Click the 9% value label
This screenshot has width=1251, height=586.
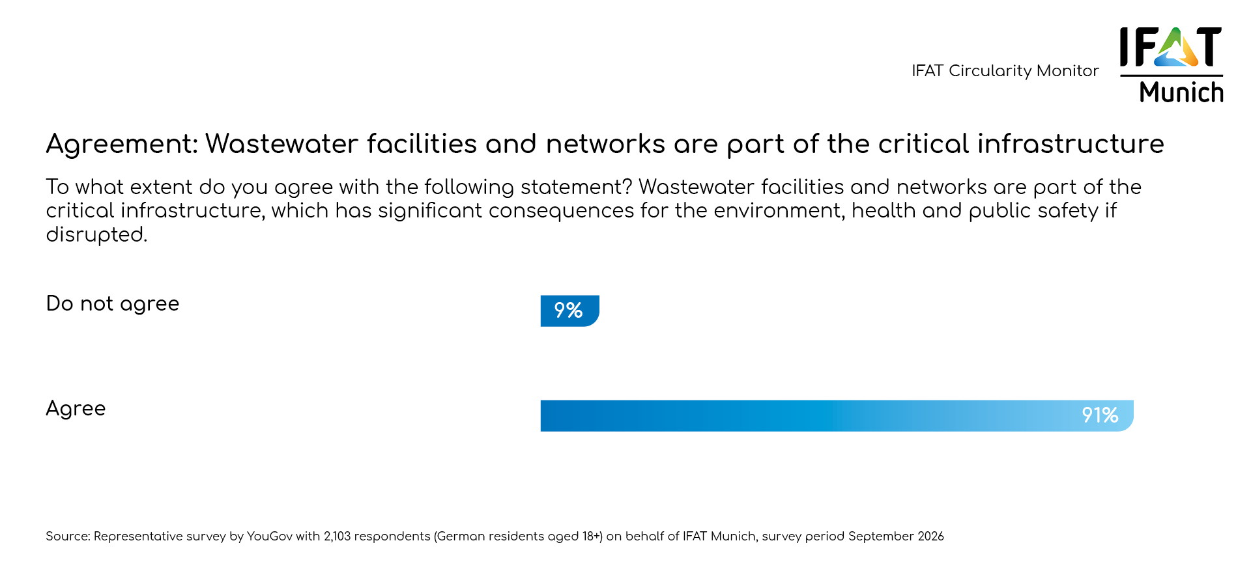(x=568, y=311)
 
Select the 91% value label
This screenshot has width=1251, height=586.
(x=1100, y=415)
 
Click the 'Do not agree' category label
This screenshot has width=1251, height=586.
(x=112, y=303)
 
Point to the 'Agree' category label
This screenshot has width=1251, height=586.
(x=76, y=408)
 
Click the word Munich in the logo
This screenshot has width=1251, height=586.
(x=1181, y=92)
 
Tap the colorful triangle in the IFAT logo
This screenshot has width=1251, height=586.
(x=1177, y=49)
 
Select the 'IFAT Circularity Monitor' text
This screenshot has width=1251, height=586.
(x=1005, y=70)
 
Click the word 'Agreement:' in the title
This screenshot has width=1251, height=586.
(x=121, y=144)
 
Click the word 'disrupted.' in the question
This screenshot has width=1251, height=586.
(x=96, y=234)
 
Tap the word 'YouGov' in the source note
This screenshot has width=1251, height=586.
(x=269, y=537)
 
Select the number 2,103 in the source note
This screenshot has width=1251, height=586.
(x=337, y=537)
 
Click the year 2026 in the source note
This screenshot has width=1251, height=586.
(x=930, y=537)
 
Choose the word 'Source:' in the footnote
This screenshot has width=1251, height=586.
(x=68, y=537)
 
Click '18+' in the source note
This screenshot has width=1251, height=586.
(x=592, y=537)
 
